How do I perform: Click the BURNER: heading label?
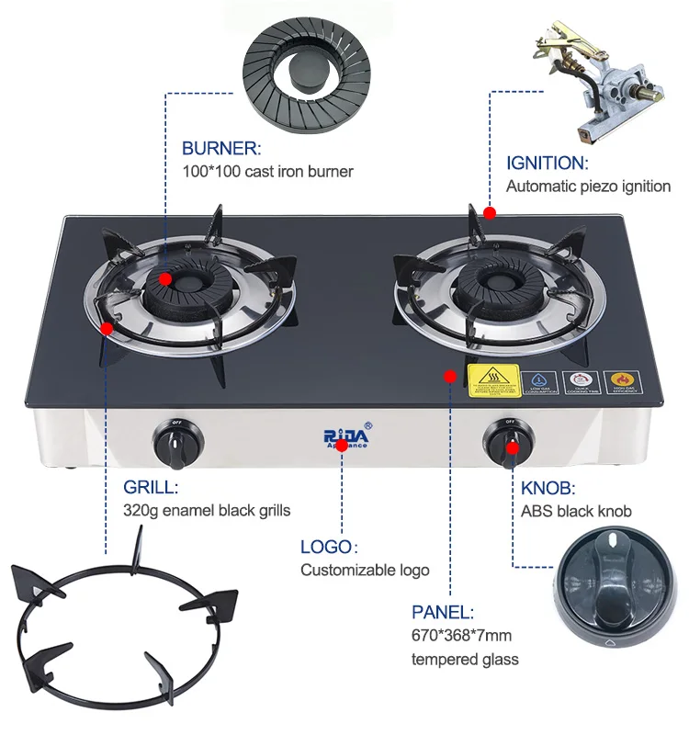pyautogui.click(x=221, y=148)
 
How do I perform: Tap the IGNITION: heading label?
pyautogui.click(x=547, y=164)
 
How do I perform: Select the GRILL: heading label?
pyautogui.click(x=151, y=487)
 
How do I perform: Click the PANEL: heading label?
pyautogui.click(x=443, y=612)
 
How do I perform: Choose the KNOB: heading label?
pyautogui.click(x=548, y=487)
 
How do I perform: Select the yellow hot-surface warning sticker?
pyautogui.click(x=494, y=380)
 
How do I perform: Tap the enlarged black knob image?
pyautogui.click(x=616, y=594)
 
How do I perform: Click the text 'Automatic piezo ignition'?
pyautogui.click(x=589, y=187)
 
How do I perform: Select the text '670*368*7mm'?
pyautogui.click(x=462, y=636)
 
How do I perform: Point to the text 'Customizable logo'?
pyautogui.click(x=365, y=571)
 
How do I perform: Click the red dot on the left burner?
pyautogui.click(x=165, y=279)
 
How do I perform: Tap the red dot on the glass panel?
pyautogui.click(x=450, y=376)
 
